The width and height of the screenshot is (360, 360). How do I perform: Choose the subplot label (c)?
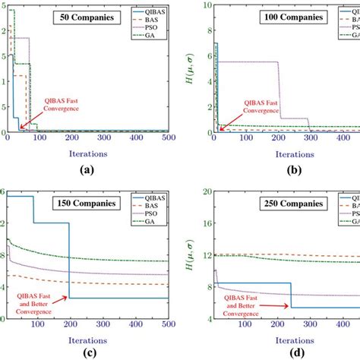pyautogui.click(x=98, y=352)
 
